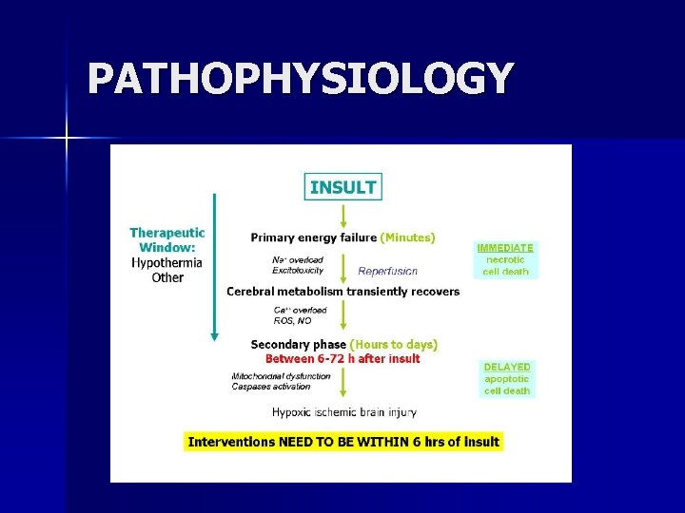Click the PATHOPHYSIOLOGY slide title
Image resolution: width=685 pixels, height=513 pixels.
click(300, 79)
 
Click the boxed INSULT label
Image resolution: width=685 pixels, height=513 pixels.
click(342, 187)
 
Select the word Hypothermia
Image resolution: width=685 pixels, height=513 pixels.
click(167, 263)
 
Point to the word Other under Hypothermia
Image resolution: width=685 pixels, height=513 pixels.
click(167, 277)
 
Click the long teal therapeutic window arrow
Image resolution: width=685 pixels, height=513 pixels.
click(215, 266)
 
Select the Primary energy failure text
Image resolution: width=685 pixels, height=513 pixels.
click(314, 237)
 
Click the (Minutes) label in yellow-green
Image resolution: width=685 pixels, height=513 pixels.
click(407, 237)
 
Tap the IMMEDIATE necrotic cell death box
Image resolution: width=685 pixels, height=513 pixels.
click(505, 258)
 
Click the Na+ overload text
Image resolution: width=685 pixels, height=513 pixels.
click(298, 259)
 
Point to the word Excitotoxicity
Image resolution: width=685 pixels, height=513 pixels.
click(298, 271)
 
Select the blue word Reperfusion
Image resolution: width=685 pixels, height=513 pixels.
click(387, 272)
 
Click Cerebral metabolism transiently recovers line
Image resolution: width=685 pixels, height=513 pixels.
click(342, 292)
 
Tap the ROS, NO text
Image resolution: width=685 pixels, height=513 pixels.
click(291, 321)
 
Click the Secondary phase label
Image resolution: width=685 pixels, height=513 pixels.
click(299, 344)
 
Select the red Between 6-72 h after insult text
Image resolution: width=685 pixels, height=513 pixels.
click(342, 358)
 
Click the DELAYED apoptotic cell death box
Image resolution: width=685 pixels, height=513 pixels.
click(507, 378)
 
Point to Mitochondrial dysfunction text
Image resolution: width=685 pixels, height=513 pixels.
click(282, 376)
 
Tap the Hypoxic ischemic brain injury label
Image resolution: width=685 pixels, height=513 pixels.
click(343, 412)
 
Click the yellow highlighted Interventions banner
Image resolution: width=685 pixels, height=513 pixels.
click(342, 442)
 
